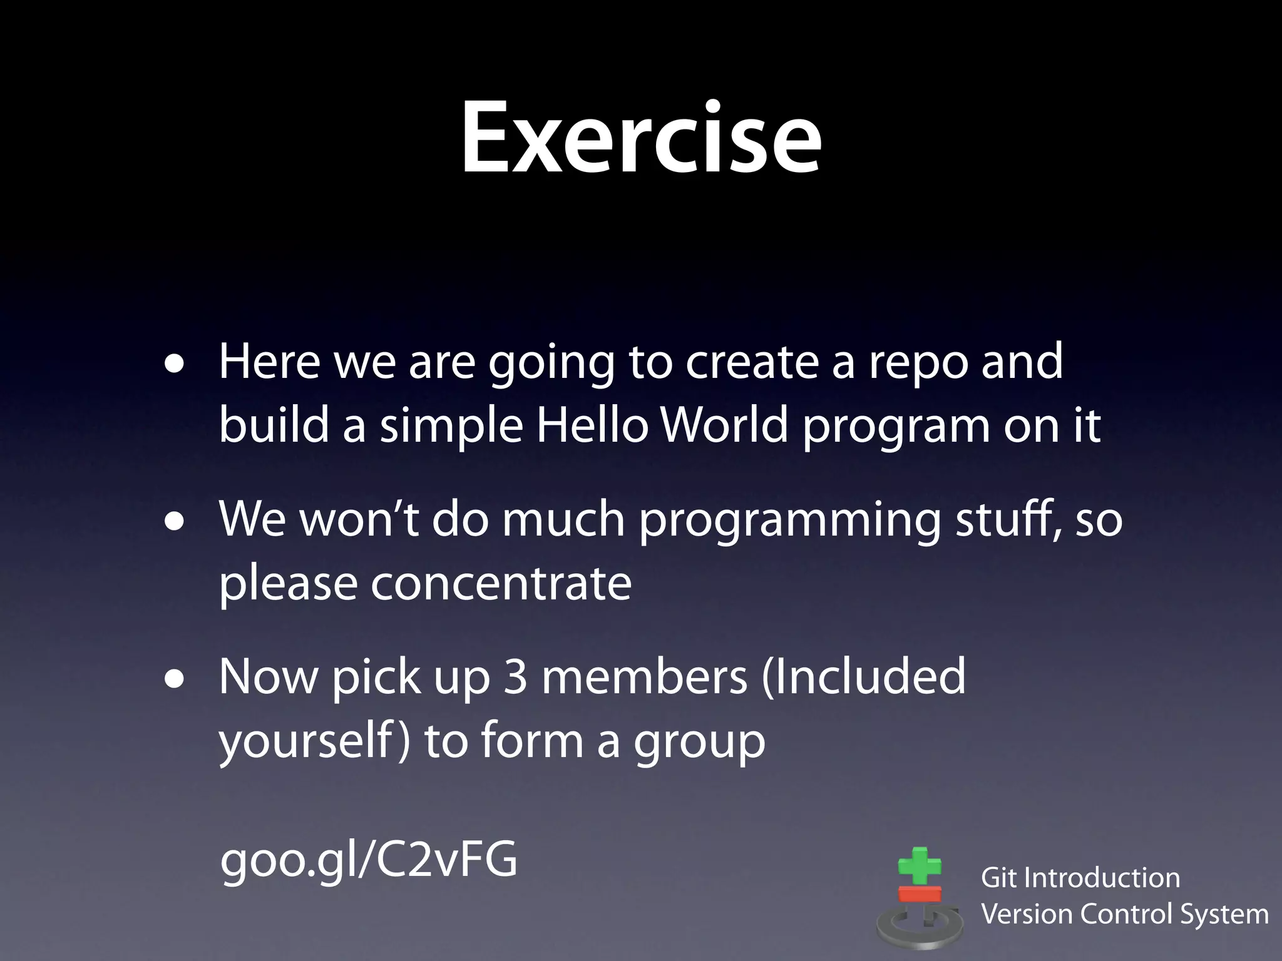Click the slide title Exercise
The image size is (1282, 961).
(641, 139)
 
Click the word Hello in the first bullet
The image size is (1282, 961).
(592, 426)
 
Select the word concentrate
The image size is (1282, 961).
(501, 583)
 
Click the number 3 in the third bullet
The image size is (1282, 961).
(515, 678)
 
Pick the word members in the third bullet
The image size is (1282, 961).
(644, 678)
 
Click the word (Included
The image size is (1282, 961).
(864, 678)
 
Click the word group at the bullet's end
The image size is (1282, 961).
(699, 743)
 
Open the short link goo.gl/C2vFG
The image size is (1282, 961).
(369, 861)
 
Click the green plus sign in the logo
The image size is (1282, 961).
(920, 867)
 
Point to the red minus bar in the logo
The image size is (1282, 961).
(920, 893)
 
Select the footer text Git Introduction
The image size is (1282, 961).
(1080, 878)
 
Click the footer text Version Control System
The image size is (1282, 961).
(1124, 914)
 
